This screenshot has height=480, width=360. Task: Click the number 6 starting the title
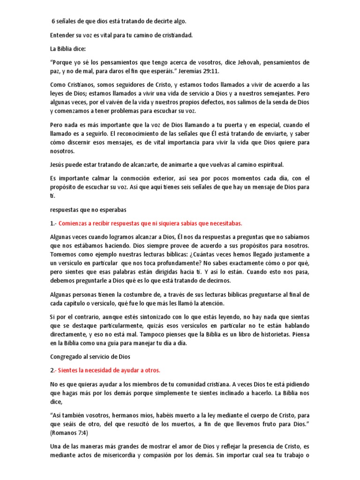(52, 21)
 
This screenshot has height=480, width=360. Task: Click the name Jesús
(59, 165)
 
